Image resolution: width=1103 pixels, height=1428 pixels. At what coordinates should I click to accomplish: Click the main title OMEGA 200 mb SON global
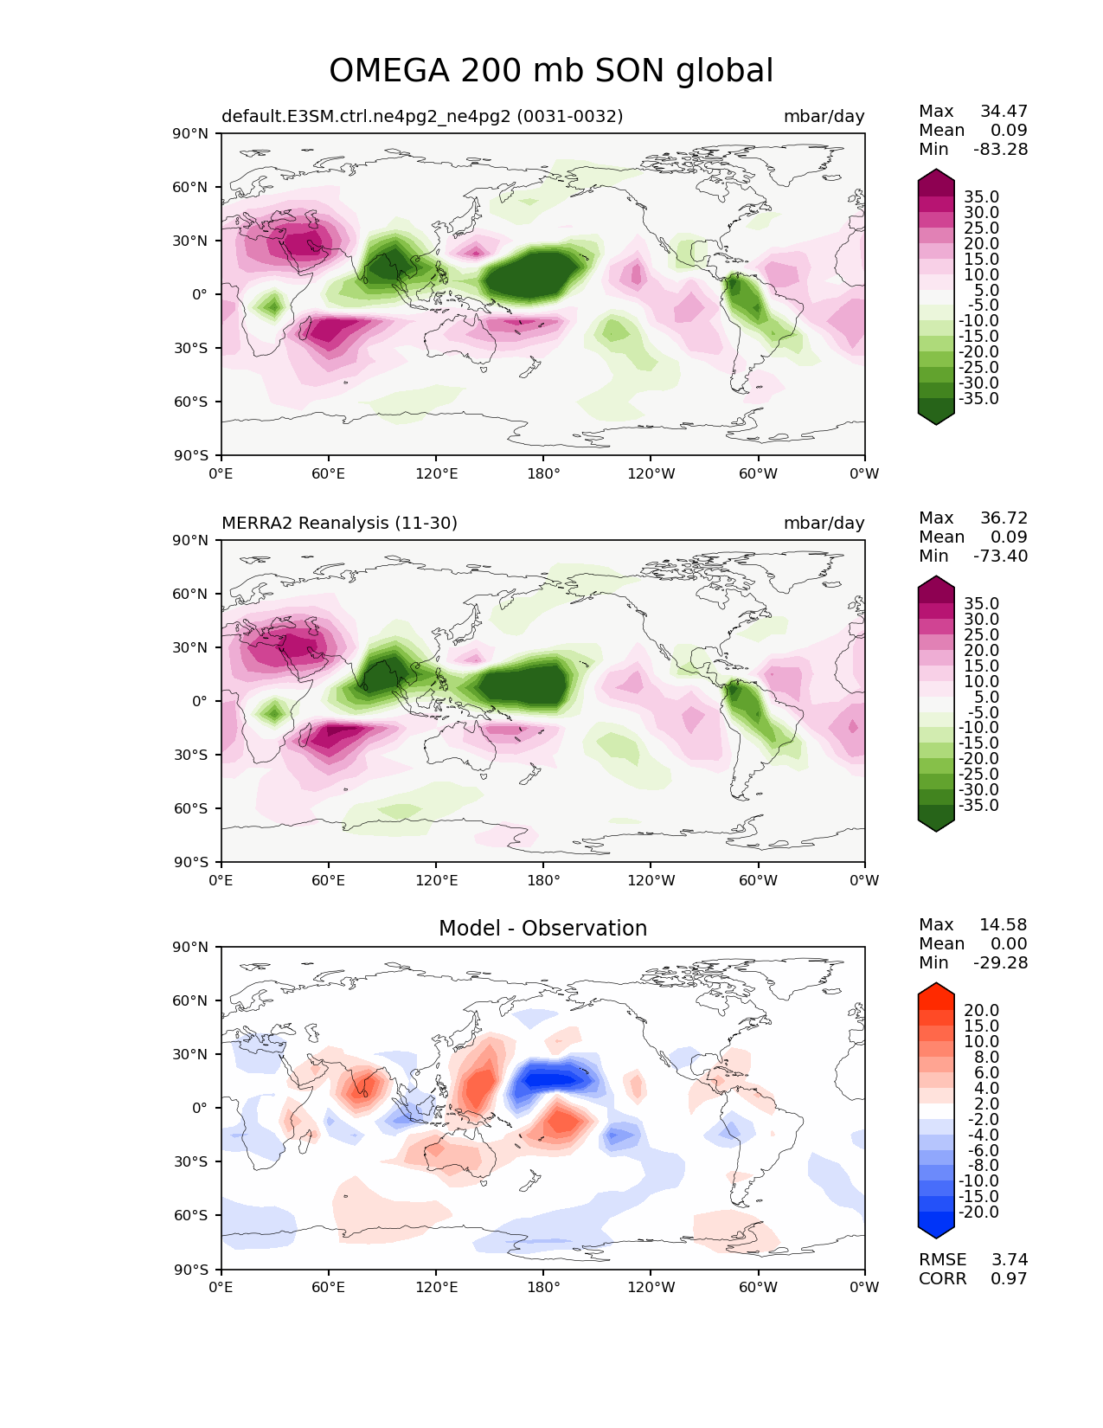coord(551,71)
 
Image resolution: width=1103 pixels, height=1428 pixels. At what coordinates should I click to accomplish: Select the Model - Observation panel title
coord(542,929)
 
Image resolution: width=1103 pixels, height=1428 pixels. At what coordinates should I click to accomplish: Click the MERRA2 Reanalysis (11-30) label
coord(339,523)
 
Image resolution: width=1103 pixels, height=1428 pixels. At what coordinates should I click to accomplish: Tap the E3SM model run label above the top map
coord(422,116)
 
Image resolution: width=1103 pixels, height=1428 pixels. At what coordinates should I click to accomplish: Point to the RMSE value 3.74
coord(1010,1259)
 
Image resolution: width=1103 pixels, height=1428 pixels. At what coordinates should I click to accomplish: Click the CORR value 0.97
coord(1010,1278)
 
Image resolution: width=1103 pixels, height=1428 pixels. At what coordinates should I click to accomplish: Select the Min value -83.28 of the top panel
coord(1001,149)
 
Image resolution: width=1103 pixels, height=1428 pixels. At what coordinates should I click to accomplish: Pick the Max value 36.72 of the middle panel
coord(1004,518)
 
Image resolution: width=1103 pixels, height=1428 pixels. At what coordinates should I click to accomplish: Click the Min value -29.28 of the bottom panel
coord(1001,962)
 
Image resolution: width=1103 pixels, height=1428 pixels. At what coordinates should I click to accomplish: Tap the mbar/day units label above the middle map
coord(824,523)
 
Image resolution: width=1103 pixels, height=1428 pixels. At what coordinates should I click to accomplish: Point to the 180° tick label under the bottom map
coord(543,1287)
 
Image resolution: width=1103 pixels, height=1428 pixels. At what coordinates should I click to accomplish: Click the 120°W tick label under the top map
coord(651,473)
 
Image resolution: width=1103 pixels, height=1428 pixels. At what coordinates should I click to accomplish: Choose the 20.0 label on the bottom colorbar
coord(981,1010)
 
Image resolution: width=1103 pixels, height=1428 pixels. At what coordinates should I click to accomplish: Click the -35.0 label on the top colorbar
coord(979,399)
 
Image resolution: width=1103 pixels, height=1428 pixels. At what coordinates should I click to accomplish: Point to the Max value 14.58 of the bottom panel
coord(1004,924)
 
